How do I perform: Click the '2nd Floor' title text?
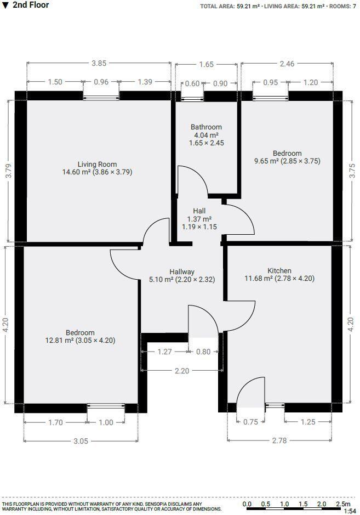click(x=30, y=5)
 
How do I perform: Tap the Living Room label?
click(x=97, y=164)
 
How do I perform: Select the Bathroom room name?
click(x=207, y=127)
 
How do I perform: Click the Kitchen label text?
click(x=279, y=271)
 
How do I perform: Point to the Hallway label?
click(x=182, y=271)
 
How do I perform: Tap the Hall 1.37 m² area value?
click(x=199, y=219)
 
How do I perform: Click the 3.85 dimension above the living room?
click(x=99, y=64)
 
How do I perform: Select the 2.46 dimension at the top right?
click(x=287, y=64)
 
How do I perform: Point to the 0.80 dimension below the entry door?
click(x=203, y=352)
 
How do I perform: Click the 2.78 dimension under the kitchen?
click(x=279, y=440)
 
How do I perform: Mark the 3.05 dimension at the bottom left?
click(x=81, y=440)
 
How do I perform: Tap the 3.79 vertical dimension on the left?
click(x=8, y=171)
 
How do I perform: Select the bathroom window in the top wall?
click(x=192, y=99)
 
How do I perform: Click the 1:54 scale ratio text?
click(x=349, y=511)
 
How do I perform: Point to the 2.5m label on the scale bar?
click(x=342, y=504)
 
